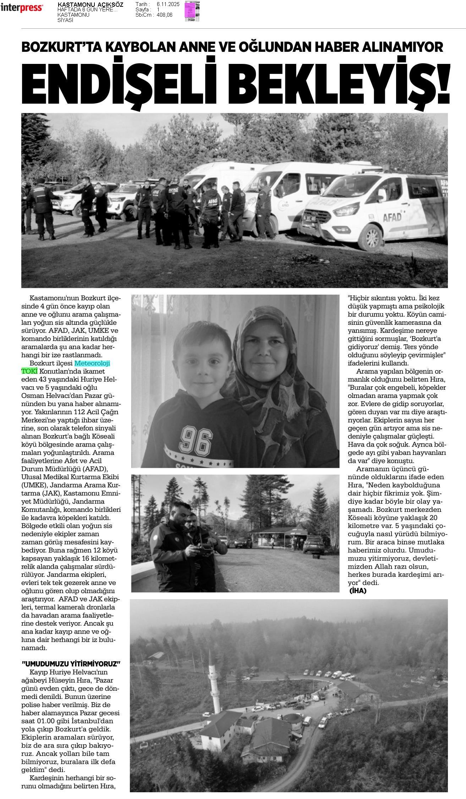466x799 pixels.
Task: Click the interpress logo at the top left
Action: [22, 8]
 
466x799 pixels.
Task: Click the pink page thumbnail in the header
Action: [192, 11]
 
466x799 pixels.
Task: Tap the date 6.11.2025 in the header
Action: [168, 4]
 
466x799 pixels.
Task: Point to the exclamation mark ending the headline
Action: [444, 82]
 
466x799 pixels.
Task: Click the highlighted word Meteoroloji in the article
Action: [92, 363]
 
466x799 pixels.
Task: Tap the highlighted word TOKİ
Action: [29, 371]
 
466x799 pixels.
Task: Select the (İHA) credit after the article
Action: [358, 590]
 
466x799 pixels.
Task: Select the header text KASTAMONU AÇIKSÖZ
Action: [90, 5]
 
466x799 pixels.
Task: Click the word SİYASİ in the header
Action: [65, 20]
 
